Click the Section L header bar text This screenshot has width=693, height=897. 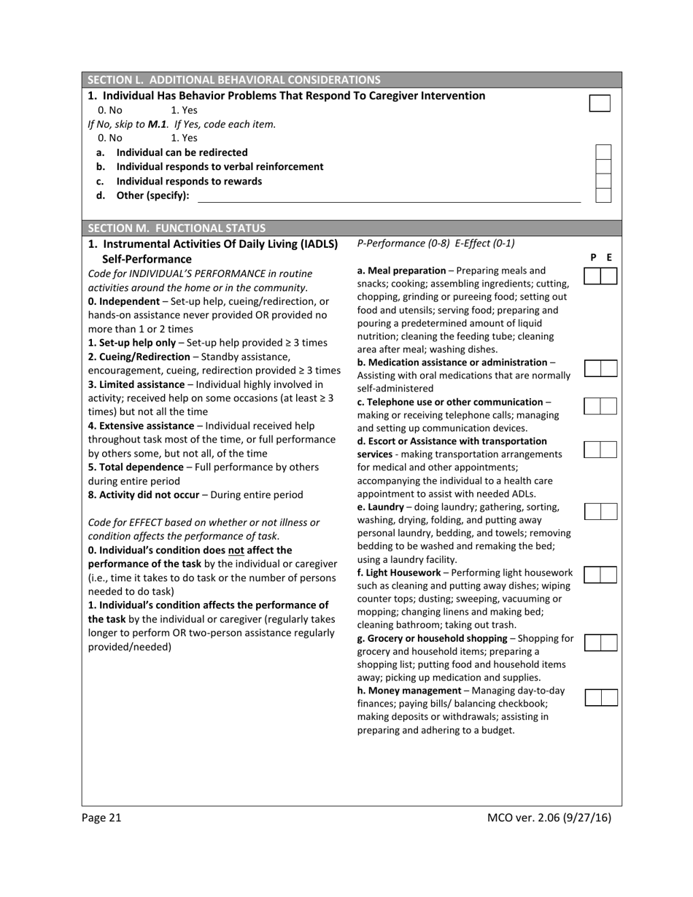[233, 80]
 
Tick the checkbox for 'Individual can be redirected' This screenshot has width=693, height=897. [603, 152]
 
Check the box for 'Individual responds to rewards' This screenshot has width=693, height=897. [603, 181]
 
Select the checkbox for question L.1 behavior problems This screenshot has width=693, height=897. [599, 103]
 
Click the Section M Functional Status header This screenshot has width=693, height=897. [177, 228]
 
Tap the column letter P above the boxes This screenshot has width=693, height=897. [593, 257]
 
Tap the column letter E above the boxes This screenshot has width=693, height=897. [609, 257]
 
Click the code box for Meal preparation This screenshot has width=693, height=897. [600, 276]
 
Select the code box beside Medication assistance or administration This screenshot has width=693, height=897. [600, 368]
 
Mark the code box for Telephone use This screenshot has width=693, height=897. [600, 406]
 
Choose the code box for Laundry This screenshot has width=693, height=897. [600, 511]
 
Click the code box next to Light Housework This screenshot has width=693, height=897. [600, 575]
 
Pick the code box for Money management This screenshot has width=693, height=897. [600, 698]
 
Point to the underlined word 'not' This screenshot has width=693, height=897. [236, 550]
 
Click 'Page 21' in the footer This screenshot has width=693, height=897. [101, 818]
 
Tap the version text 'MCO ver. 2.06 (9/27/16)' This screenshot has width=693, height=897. [549, 818]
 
